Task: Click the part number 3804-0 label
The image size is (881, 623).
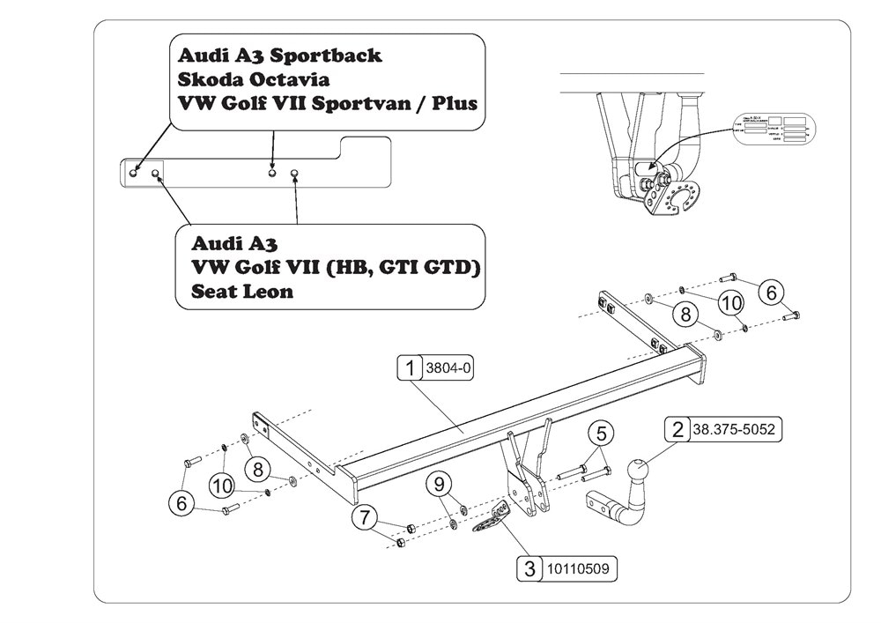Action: (x=449, y=368)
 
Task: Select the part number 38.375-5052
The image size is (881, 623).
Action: (x=736, y=430)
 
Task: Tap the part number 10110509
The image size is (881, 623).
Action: (x=579, y=569)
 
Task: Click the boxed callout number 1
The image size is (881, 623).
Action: (x=411, y=368)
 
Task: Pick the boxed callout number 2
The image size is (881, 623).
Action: (x=677, y=430)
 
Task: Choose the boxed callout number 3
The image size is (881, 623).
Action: (x=529, y=569)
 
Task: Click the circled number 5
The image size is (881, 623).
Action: (x=602, y=433)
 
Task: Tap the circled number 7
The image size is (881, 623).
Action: (x=362, y=517)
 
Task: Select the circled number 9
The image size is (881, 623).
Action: (x=440, y=484)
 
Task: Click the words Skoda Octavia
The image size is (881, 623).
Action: (x=241, y=78)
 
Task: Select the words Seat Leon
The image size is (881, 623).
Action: (x=242, y=291)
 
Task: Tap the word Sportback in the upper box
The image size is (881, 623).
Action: (x=325, y=55)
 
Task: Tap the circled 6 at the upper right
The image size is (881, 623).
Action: (x=772, y=293)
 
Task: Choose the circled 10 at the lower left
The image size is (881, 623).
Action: (x=223, y=485)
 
